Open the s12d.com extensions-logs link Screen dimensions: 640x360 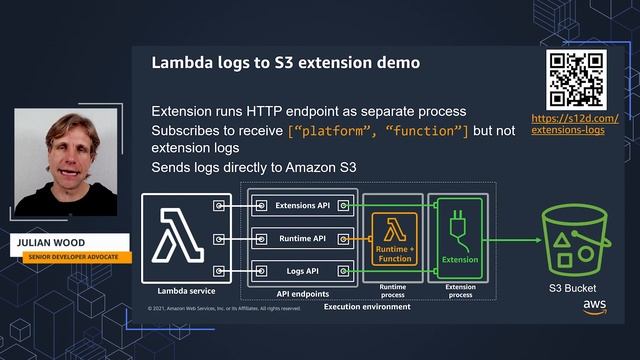(x=574, y=125)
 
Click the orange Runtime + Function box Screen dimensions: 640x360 (x=393, y=238)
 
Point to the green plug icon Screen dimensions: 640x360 (x=459, y=228)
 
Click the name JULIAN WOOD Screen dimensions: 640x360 (x=52, y=243)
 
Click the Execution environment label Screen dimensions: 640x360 (x=366, y=306)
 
